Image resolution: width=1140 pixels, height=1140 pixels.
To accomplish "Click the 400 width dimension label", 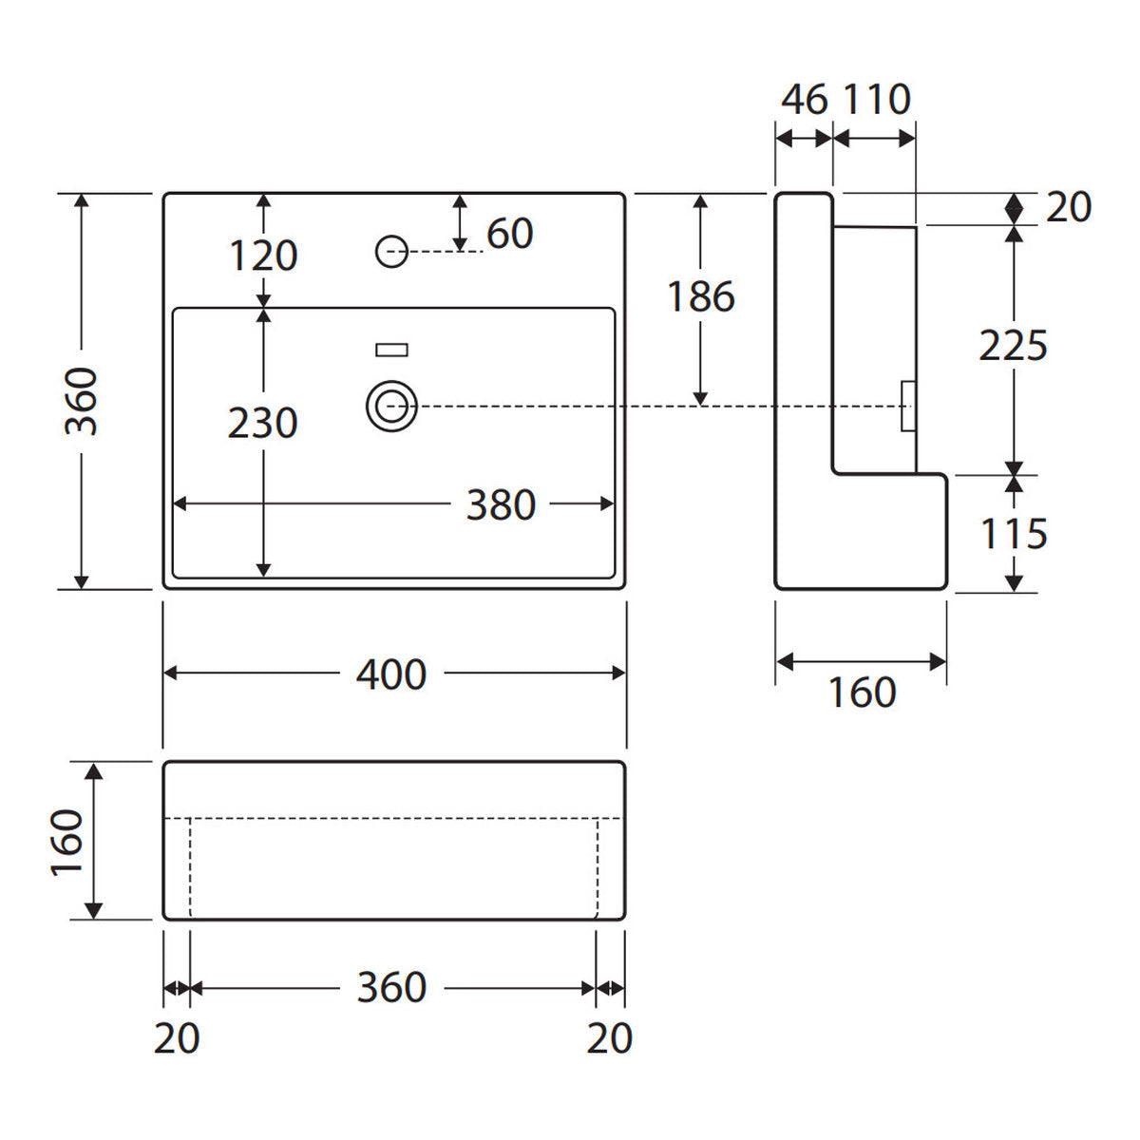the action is pyautogui.click(x=391, y=674).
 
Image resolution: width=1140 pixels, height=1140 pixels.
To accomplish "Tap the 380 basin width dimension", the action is pyautogui.click(x=501, y=504).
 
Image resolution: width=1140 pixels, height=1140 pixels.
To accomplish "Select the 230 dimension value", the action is pyautogui.click(x=262, y=423).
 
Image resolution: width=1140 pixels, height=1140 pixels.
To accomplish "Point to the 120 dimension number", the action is pyautogui.click(x=263, y=256).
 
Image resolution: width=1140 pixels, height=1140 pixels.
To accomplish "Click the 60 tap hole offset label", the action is pyautogui.click(x=510, y=233).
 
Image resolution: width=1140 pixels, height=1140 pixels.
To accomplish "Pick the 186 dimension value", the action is pyautogui.click(x=701, y=296).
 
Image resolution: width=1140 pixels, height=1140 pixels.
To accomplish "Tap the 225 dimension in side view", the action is pyautogui.click(x=1014, y=346).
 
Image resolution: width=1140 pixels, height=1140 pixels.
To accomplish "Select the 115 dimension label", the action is pyautogui.click(x=1014, y=534).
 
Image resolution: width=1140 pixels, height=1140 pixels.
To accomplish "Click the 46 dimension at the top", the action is pyautogui.click(x=805, y=100).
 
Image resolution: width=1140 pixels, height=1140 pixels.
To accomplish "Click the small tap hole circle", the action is pyautogui.click(x=391, y=252).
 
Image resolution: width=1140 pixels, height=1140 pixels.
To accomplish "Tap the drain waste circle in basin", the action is pyautogui.click(x=391, y=407).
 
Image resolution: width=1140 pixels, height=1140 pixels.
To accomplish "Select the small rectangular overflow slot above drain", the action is pyautogui.click(x=391, y=351).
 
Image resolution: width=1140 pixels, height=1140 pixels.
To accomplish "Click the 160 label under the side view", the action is pyautogui.click(x=863, y=693).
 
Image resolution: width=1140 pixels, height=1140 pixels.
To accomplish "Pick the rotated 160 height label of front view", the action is pyautogui.click(x=66, y=842).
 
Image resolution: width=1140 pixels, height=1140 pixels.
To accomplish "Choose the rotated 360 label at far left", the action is pyautogui.click(x=81, y=401).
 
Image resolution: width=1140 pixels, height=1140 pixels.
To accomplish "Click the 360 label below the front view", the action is pyautogui.click(x=391, y=987).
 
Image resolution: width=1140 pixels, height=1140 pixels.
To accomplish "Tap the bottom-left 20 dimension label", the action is pyautogui.click(x=177, y=1038).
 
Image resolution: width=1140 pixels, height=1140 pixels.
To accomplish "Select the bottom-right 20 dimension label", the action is pyautogui.click(x=610, y=1038).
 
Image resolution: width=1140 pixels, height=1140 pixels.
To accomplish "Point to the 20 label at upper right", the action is pyautogui.click(x=1069, y=207).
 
